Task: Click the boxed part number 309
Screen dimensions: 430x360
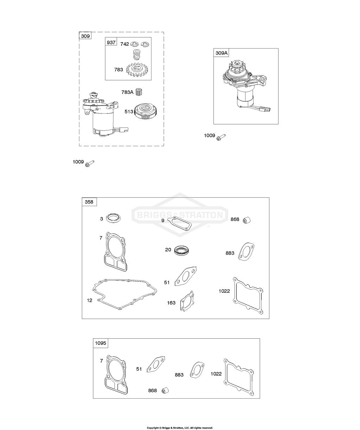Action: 85,36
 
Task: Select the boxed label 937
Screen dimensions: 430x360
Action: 111,43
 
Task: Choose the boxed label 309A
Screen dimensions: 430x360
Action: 222,53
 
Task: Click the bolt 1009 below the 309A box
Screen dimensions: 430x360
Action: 221,136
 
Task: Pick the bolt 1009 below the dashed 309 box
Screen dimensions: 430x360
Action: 90,163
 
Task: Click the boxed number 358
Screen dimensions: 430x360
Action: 89,202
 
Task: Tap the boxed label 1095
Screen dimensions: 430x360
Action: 100,343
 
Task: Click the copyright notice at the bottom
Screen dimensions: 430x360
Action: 180,428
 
